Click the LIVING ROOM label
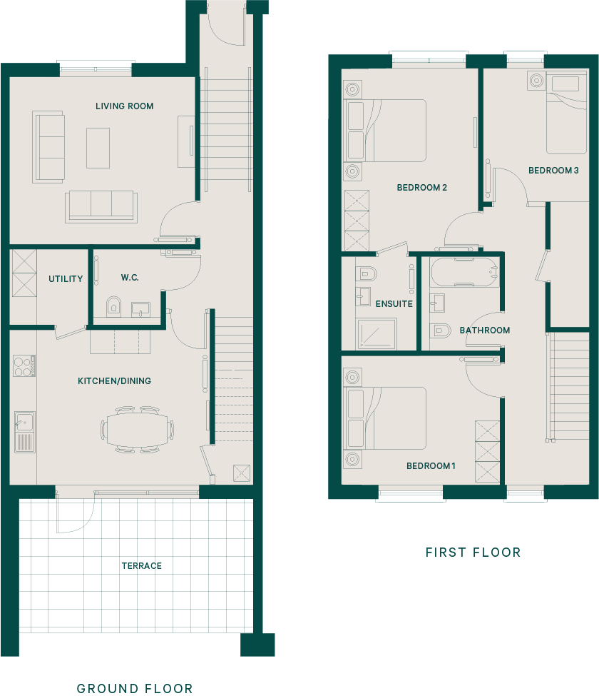pyautogui.click(x=125, y=106)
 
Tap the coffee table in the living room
pyautogui.click(x=98, y=148)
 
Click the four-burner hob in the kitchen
pyautogui.click(x=24, y=365)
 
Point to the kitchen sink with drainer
pyautogui.click(x=25, y=432)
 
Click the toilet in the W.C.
pyautogui.click(x=113, y=306)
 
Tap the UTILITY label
pyautogui.click(x=66, y=278)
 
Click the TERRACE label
pyautogui.click(x=142, y=565)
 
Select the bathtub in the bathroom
pyautogui.click(x=464, y=272)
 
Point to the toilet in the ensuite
pyautogui.click(x=366, y=274)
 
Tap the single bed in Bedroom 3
pyautogui.click(x=566, y=113)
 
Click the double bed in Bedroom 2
pyautogui.click(x=386, y=131)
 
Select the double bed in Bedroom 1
pyautogui.click(x=386, y=418)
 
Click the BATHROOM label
pyautogui.click(x=485, y=331)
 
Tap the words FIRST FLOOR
pyautogui.click(x=473, y=553)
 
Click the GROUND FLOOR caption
pyautogui.click(x=135, y=688)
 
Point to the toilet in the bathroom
pyautogui.click(x=440, y=331)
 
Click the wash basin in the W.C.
pyautogui.click(x=141, y=309)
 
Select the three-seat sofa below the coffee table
pyautogui.click(x=101, y=207)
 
